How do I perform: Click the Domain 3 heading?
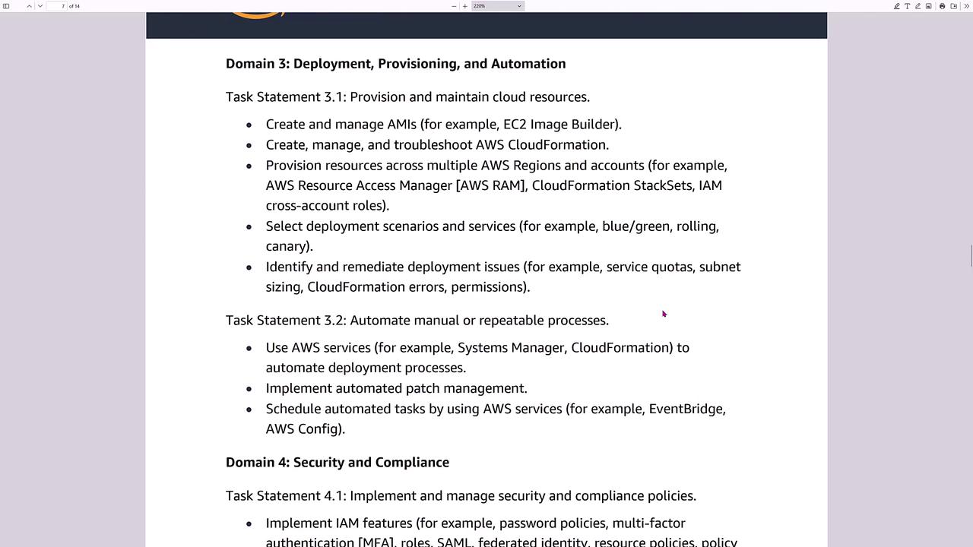tap(395, 64)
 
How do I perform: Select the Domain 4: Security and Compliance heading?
tap(337, 463)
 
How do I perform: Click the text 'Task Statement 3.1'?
tap(285, 97)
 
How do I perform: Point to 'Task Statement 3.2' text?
tap(285, 321)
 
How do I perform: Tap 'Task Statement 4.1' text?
tap(285, 496)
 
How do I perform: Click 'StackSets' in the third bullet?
tap(663, 185)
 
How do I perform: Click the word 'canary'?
tap(287, 246)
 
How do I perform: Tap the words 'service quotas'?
tap(649, 267)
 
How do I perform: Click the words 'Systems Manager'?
tap(511, 348)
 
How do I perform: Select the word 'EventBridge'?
tap(685, 409)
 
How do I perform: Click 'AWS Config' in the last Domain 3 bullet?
tap(303, 429)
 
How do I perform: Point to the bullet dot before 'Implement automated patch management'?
tap(249, 389)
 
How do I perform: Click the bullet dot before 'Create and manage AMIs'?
tap(249, 125)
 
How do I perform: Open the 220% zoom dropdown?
tap(497, 6)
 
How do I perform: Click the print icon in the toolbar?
tap(942, 6)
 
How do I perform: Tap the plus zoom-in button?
tap(465, 6)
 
